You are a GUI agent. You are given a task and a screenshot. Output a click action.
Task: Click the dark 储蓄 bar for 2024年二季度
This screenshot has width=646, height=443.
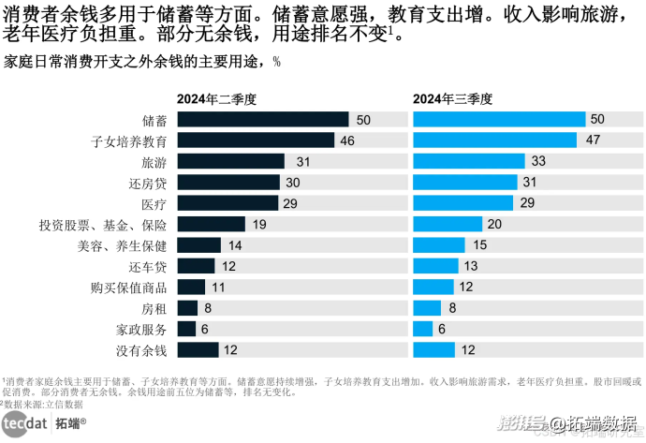coord(262,120)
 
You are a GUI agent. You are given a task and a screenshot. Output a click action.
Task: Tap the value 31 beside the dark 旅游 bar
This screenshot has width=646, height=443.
coord(303,162)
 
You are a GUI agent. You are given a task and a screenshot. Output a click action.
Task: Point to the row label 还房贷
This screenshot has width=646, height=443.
coord(147,183)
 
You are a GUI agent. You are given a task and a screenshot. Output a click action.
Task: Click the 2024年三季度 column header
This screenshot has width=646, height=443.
coord(453,98)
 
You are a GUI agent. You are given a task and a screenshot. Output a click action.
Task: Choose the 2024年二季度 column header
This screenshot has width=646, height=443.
coord(217,98)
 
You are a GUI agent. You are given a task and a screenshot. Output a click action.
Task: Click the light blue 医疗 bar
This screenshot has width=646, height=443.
coord(463,203)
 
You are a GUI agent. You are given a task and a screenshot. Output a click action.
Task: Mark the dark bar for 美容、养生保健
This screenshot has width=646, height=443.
coord(198,245)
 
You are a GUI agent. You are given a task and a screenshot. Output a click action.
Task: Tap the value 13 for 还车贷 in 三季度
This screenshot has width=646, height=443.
coord(471,267)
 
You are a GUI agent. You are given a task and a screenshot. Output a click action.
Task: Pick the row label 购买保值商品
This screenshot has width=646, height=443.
coord(128,288)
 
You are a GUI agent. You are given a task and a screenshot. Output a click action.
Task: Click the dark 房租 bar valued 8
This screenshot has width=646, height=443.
coord(187,308)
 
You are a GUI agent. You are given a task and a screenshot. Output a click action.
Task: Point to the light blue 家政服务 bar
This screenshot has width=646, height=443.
coord(423,329)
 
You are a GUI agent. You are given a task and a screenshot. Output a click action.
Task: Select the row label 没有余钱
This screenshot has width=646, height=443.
coord(140,350)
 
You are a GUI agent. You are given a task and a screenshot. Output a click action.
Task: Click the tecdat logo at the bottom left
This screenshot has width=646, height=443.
coord(25,423)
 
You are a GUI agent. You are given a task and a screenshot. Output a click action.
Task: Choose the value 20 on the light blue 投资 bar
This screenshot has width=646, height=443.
coord(495,225)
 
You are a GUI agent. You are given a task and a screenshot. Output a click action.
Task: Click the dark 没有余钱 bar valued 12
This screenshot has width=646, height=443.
coord(198,350)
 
